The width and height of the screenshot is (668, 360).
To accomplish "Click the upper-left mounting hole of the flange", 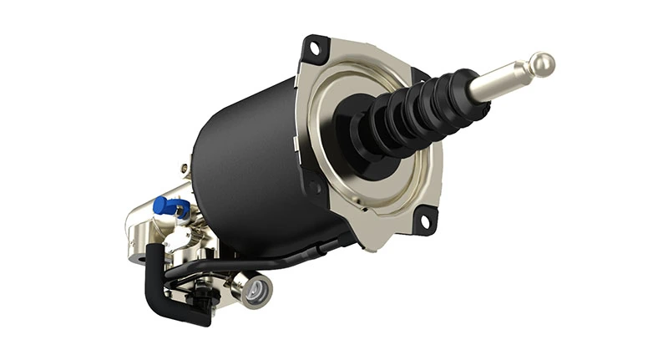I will pos(316,48).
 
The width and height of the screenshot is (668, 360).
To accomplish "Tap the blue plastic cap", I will pos(164,204).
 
